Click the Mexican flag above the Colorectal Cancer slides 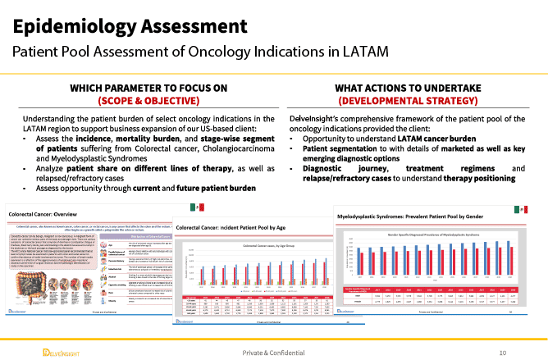(196, 204)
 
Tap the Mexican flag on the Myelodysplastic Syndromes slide (522, 210)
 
